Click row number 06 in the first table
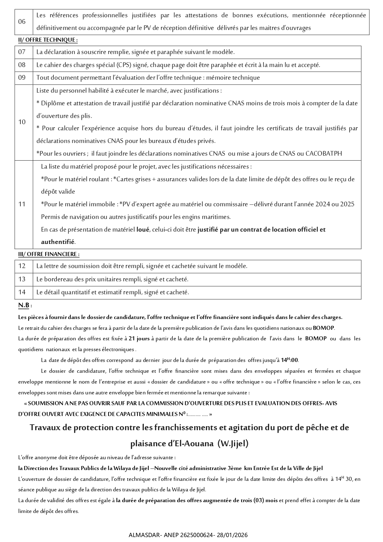22,22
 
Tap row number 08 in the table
22,65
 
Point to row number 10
22,122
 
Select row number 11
22,204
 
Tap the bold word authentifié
58,242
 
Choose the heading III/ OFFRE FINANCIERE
48,254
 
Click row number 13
22,279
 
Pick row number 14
22,292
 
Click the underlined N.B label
24,305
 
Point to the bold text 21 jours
139,338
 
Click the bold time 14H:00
289,360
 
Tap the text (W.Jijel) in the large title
233,444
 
